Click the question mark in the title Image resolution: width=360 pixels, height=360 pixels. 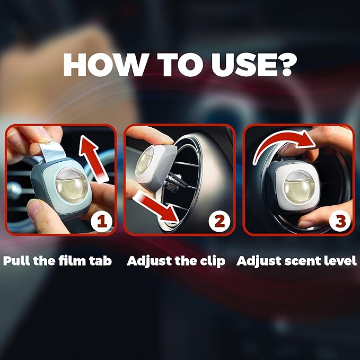pos(288,65)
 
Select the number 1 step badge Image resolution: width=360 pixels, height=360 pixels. pos(101,222)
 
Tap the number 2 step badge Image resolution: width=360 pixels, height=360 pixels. pos(219,221)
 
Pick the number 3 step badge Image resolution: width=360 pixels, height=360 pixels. pos(340,221)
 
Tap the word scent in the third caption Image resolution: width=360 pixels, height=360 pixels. pos(303,261)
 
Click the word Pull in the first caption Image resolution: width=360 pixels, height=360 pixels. pos(16,260)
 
